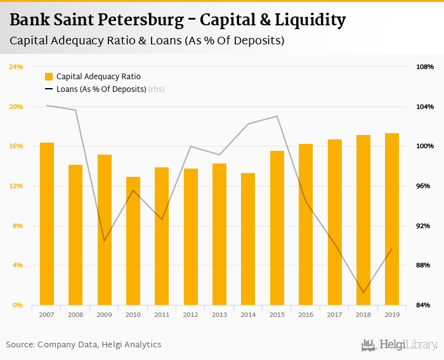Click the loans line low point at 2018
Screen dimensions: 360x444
point(363,292)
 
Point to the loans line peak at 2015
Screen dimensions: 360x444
point(277,116)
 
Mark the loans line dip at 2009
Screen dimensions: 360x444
point(105,241)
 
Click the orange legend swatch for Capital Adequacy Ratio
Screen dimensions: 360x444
point(49,77)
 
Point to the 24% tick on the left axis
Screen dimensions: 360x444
point(16,67)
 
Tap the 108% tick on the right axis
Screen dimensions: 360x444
point(424,67)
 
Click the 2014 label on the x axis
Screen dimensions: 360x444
point(248,314)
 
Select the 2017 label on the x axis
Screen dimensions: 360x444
point(334,314)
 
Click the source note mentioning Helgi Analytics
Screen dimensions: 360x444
point(84,345)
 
